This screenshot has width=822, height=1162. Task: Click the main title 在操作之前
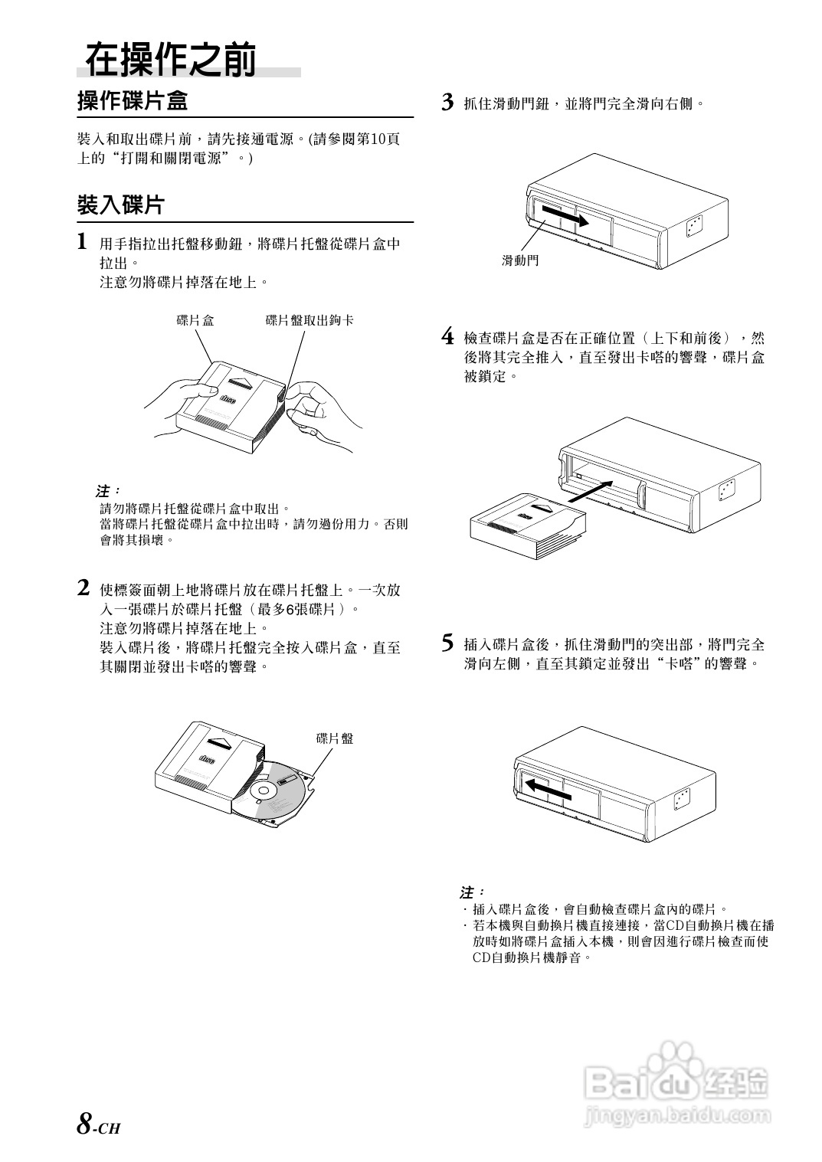(x=170, y=61)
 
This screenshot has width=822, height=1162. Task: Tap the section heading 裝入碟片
(x=120, y=205)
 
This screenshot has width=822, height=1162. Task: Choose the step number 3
(x=449, y=103)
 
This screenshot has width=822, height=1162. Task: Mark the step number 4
(x=449, y=337)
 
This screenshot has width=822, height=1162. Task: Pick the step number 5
(x=449, y=643)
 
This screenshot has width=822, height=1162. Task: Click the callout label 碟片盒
(x=195, y=320)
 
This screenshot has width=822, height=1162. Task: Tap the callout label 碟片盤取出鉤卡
(x=309, y=320)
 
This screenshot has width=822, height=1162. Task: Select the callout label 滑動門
(x=520, y=260)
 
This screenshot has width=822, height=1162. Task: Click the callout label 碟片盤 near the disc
(x=335, y=738)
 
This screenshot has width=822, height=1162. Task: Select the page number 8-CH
(x=99, y=1124)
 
